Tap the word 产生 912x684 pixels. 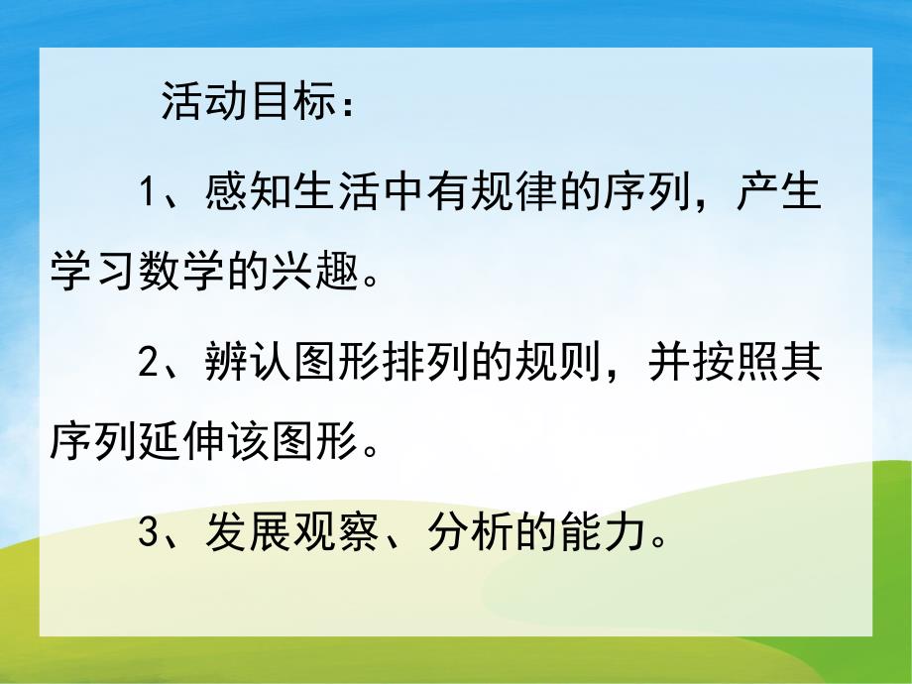click(x=779, y=192)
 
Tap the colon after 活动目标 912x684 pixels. click(x=343, y=106)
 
